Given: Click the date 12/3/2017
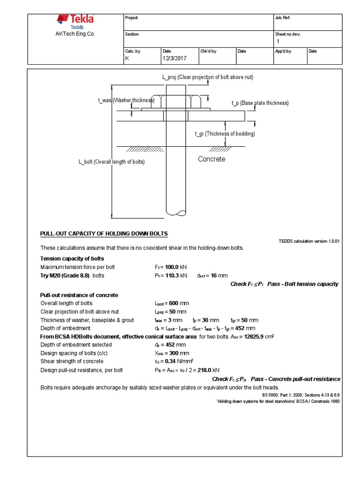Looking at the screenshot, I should (174, 59).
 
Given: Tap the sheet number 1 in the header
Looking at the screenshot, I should (278, 42).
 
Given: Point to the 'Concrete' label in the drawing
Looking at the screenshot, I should (211, 159).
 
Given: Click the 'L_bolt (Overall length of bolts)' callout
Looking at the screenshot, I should (112, 162).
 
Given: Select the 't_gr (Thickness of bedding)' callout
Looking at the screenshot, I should (225, 134).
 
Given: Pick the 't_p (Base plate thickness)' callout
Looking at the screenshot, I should (260, 103).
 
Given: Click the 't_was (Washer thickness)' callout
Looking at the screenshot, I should (126, 100).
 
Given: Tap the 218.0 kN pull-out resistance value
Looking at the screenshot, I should (203, 370).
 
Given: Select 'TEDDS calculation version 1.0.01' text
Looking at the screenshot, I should (309, 241).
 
